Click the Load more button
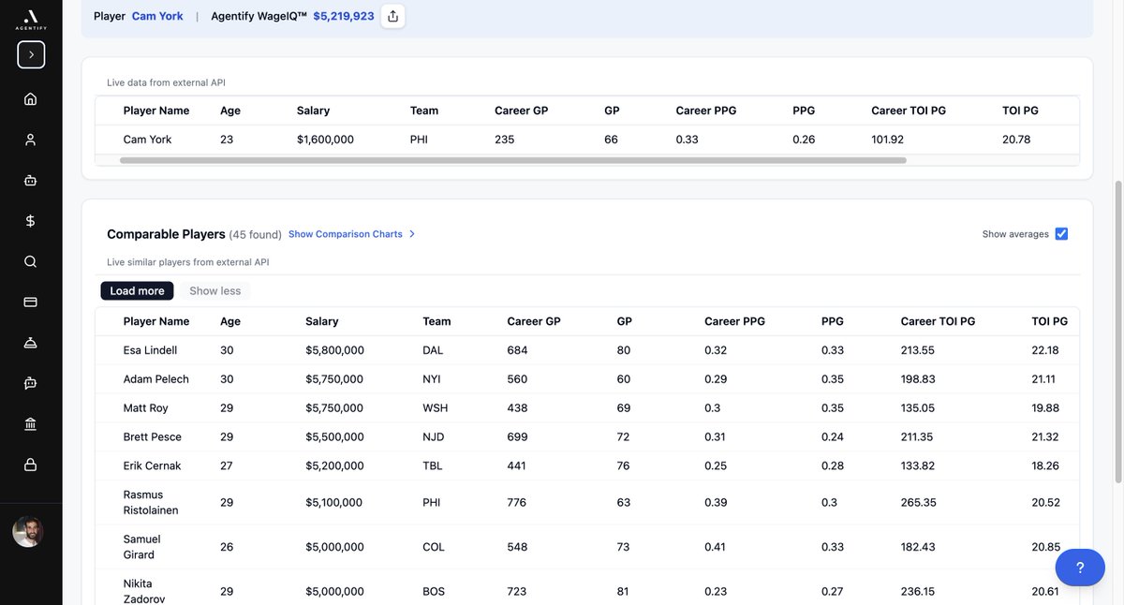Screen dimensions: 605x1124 click(137, 291)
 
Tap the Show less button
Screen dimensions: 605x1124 click(215, 291)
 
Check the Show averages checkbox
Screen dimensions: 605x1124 click(1061, 234)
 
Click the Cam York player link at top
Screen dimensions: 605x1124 click(157, 16)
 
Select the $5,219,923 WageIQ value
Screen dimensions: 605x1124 click(344, 16)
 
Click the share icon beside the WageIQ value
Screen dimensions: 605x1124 click(392, 16)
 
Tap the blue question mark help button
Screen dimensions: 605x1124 click(1079, 568)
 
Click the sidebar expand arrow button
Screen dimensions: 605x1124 click(31, 54)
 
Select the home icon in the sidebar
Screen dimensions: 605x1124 click(31, 99)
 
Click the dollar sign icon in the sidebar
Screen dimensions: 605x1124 click(31, 221)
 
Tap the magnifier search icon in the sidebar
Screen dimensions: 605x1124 click(31, 261)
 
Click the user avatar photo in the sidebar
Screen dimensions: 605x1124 click(28, 532)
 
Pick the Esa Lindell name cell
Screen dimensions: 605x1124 click(150, 350)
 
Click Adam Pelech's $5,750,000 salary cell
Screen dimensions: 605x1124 click(334, 379)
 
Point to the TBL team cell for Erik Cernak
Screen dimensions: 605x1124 click(433, 465)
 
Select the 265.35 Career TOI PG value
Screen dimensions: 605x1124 click(919, 502)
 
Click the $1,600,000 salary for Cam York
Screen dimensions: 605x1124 click(325, 140)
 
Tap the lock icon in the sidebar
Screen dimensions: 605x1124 click(31, 465)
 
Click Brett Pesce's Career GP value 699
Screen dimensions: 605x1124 click(517, 436)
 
